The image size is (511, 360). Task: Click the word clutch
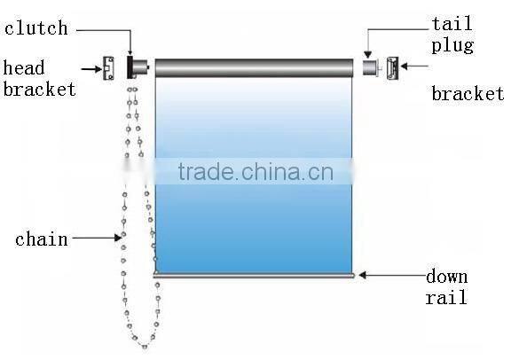pyautogui.click(x=36, y=28)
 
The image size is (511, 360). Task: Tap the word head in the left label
pyautogui.click(x=24, y=68)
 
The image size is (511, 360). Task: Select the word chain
pyautogui.click(x=42, y=239)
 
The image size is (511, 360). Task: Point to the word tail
pyautogui.click(x=452, y=25)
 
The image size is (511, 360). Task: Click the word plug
pyautogui.click(x=452, y=45)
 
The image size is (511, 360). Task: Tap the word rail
pyautogui.click(x=446, y=298)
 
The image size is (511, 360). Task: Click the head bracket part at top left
pyautogui.click(x=109, y=67)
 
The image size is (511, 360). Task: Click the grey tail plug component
pyautogui.click(x=369, y=67)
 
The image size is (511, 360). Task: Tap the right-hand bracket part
pyautogui.click(x=392, y=67)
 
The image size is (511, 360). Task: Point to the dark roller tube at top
pyautogui.click(x=254, y=66)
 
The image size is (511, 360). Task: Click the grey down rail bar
pyautogui.click(x=254, y=276)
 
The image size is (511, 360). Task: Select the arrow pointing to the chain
pyautogui.click(x=97, y=237)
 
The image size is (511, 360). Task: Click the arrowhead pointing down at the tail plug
pyautogui.click(x=367, y=54)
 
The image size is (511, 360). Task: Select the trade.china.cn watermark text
pyautogui.click(x=255, y=170)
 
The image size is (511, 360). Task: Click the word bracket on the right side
pyautogui.click(x=468, y=94)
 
